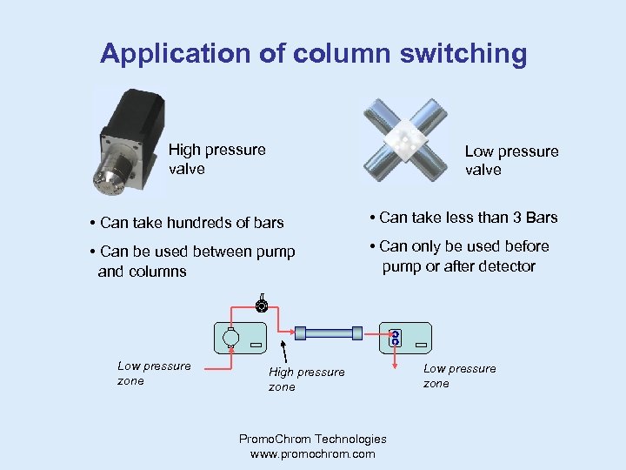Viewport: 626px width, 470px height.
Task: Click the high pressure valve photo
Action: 130,144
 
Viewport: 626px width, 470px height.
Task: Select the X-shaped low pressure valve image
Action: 405,138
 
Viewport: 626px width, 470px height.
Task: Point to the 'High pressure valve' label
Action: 216,159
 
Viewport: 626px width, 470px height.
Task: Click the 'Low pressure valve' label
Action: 511,161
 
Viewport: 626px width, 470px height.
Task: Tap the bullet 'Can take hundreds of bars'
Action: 186,223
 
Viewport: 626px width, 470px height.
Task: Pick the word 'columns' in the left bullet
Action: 156,272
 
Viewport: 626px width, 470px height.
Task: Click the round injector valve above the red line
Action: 260,305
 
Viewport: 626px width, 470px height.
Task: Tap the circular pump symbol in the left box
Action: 230,337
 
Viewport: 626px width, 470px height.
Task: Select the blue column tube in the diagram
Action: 329,332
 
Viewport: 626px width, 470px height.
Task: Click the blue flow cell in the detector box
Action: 395,338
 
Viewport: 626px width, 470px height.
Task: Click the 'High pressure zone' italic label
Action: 306,379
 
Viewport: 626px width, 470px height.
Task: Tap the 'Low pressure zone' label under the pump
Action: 154,373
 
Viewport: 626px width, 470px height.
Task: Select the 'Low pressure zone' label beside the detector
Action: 459,376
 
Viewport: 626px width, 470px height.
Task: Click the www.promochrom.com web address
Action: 312,453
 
